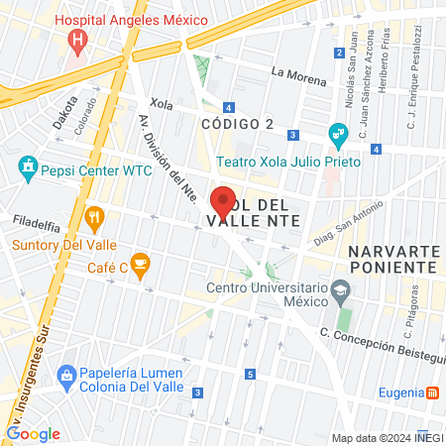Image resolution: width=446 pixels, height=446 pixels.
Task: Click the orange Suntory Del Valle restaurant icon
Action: tap(95, 217)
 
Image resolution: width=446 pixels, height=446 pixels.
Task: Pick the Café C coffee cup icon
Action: tap(141, 263)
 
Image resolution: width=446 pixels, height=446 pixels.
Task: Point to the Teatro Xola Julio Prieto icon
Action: tap(338, 133)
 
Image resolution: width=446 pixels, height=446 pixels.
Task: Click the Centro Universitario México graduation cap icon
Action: tap(342, 289)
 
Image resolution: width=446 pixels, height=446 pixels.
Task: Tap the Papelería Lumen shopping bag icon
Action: tap(66, 375)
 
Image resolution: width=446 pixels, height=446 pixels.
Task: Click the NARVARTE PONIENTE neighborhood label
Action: tap(392, 259)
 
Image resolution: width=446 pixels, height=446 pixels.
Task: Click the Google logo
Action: tap(33, 433)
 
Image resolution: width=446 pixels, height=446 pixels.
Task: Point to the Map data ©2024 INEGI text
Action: tap(387, 438)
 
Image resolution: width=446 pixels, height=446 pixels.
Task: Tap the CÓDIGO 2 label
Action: tap(237, 123)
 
